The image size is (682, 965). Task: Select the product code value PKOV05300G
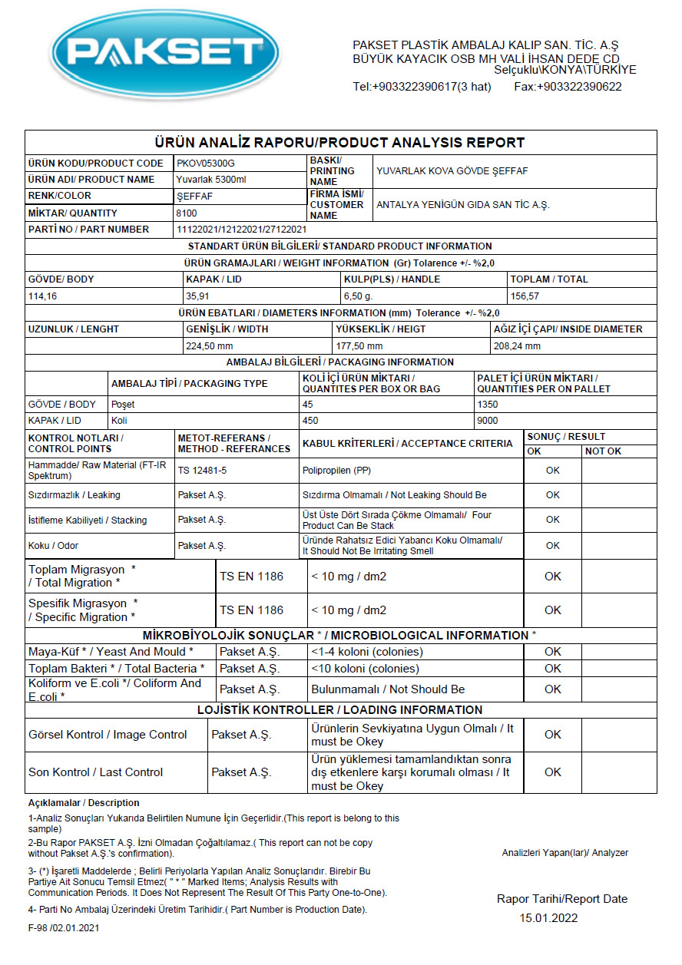(206, 164)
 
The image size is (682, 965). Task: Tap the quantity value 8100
(187, 213)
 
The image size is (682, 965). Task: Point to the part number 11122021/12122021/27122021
(242, 230)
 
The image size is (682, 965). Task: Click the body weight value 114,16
(42, 296)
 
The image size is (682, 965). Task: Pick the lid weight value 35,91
(199, 296)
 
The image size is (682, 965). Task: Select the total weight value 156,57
(526, 296)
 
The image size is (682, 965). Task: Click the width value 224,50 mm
(210, 345)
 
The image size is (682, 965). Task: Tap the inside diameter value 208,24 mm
(518, 345)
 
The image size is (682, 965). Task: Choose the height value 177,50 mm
(359, 345)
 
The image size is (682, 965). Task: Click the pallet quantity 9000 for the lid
(488, 421)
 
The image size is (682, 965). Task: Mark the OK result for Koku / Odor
(552, 546)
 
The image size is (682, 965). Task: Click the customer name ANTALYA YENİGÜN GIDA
(462, 205)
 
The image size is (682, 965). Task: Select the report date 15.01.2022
(548, 918)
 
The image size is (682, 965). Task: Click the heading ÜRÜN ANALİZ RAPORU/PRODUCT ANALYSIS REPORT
(339, 143)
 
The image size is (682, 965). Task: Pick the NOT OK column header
(603, 451)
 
